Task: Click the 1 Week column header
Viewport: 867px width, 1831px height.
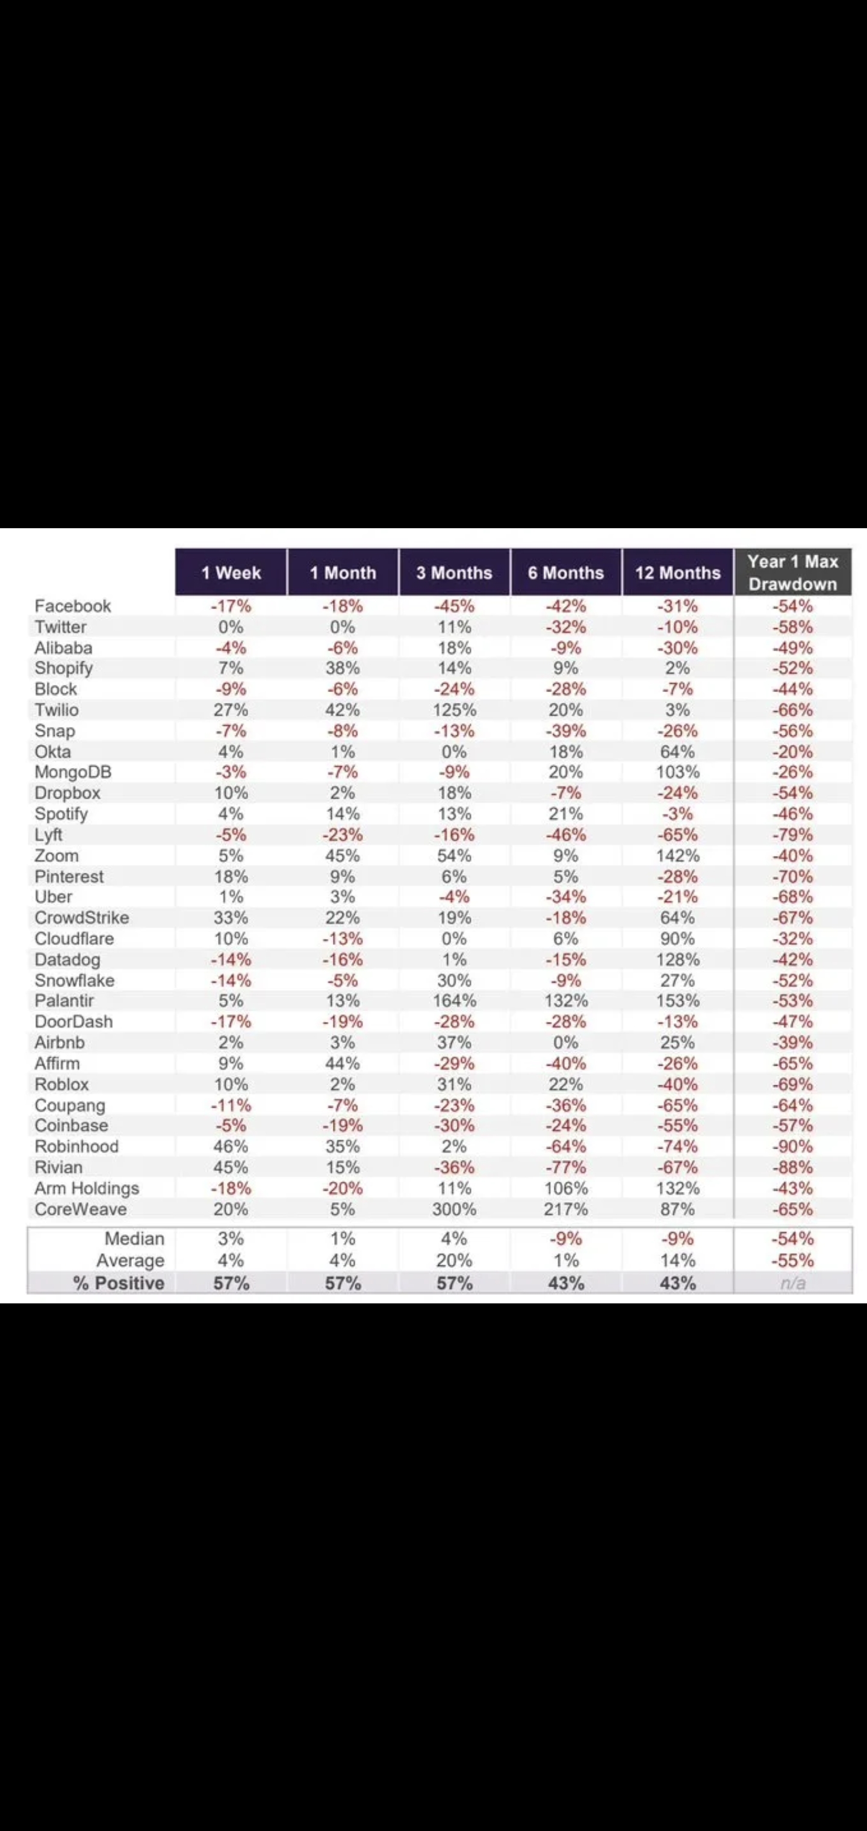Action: tap(231, 572)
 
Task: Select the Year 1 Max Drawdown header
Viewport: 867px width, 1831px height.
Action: tap(792, 572)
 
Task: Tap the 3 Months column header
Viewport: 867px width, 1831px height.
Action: tap(454, 572)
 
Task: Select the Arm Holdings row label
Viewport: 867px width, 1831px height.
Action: tap(87, 1188)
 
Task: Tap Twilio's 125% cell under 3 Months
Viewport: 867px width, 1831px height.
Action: tap(454, 710)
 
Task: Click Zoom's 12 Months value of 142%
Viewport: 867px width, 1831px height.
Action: tap(677, 855)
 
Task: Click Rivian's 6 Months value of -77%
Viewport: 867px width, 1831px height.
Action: tap(566, 1167)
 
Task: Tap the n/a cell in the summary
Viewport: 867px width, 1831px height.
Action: tap(792, 1283)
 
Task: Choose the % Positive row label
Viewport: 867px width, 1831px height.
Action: tap(119, 1283)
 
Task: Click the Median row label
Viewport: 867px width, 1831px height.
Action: tap(134, 1238)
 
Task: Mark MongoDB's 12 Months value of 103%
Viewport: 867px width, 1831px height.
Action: tap(677, 772)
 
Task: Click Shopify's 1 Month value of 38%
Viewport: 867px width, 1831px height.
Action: tap(343, 667)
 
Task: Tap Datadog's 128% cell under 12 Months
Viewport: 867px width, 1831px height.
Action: tap(677, 959)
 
